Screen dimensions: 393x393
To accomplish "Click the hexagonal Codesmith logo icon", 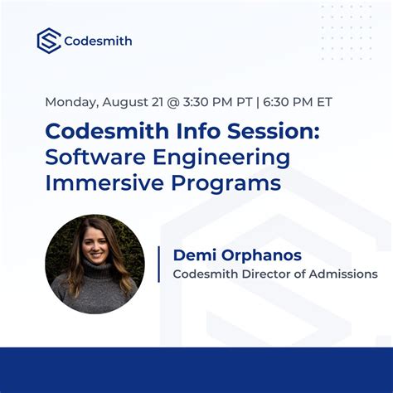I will tap(49, 41).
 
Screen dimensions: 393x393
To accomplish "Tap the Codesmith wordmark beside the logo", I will tap(98, 41).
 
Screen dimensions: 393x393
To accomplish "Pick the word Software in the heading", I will tap(91, 157).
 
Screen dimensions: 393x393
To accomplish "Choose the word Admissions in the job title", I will tap(343, 274).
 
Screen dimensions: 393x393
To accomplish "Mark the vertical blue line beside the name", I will tap(158, 264).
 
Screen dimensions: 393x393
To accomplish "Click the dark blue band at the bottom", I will tap(196, 370).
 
